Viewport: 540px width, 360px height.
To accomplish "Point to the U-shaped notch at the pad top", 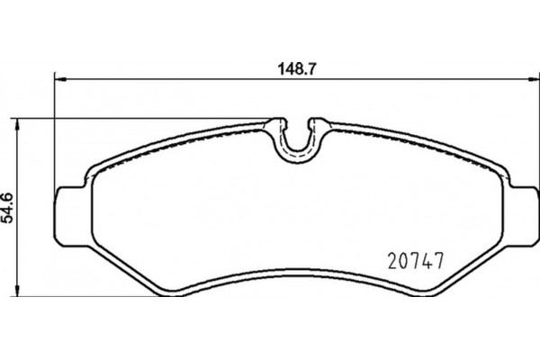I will pyautogui.click(x=298, y=143).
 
